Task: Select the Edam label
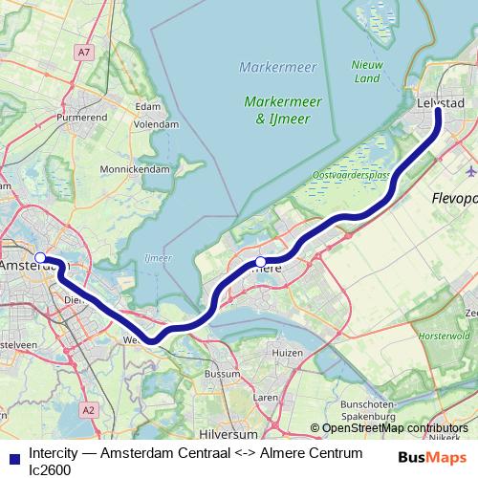[x=148, y=107]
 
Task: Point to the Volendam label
[x=157, y=124]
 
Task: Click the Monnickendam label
[x=136, y=168]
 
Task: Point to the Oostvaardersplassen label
[x=350, y=176]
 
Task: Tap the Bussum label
[x=223, y=373]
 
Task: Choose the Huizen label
[x=287, y=353]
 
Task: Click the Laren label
[x=264, y=394]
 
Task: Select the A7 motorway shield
[x=85, y=52]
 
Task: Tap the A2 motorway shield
[x=88, y=409]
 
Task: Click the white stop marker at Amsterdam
[x=40, y=257]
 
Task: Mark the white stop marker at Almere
[x=260, y=261]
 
